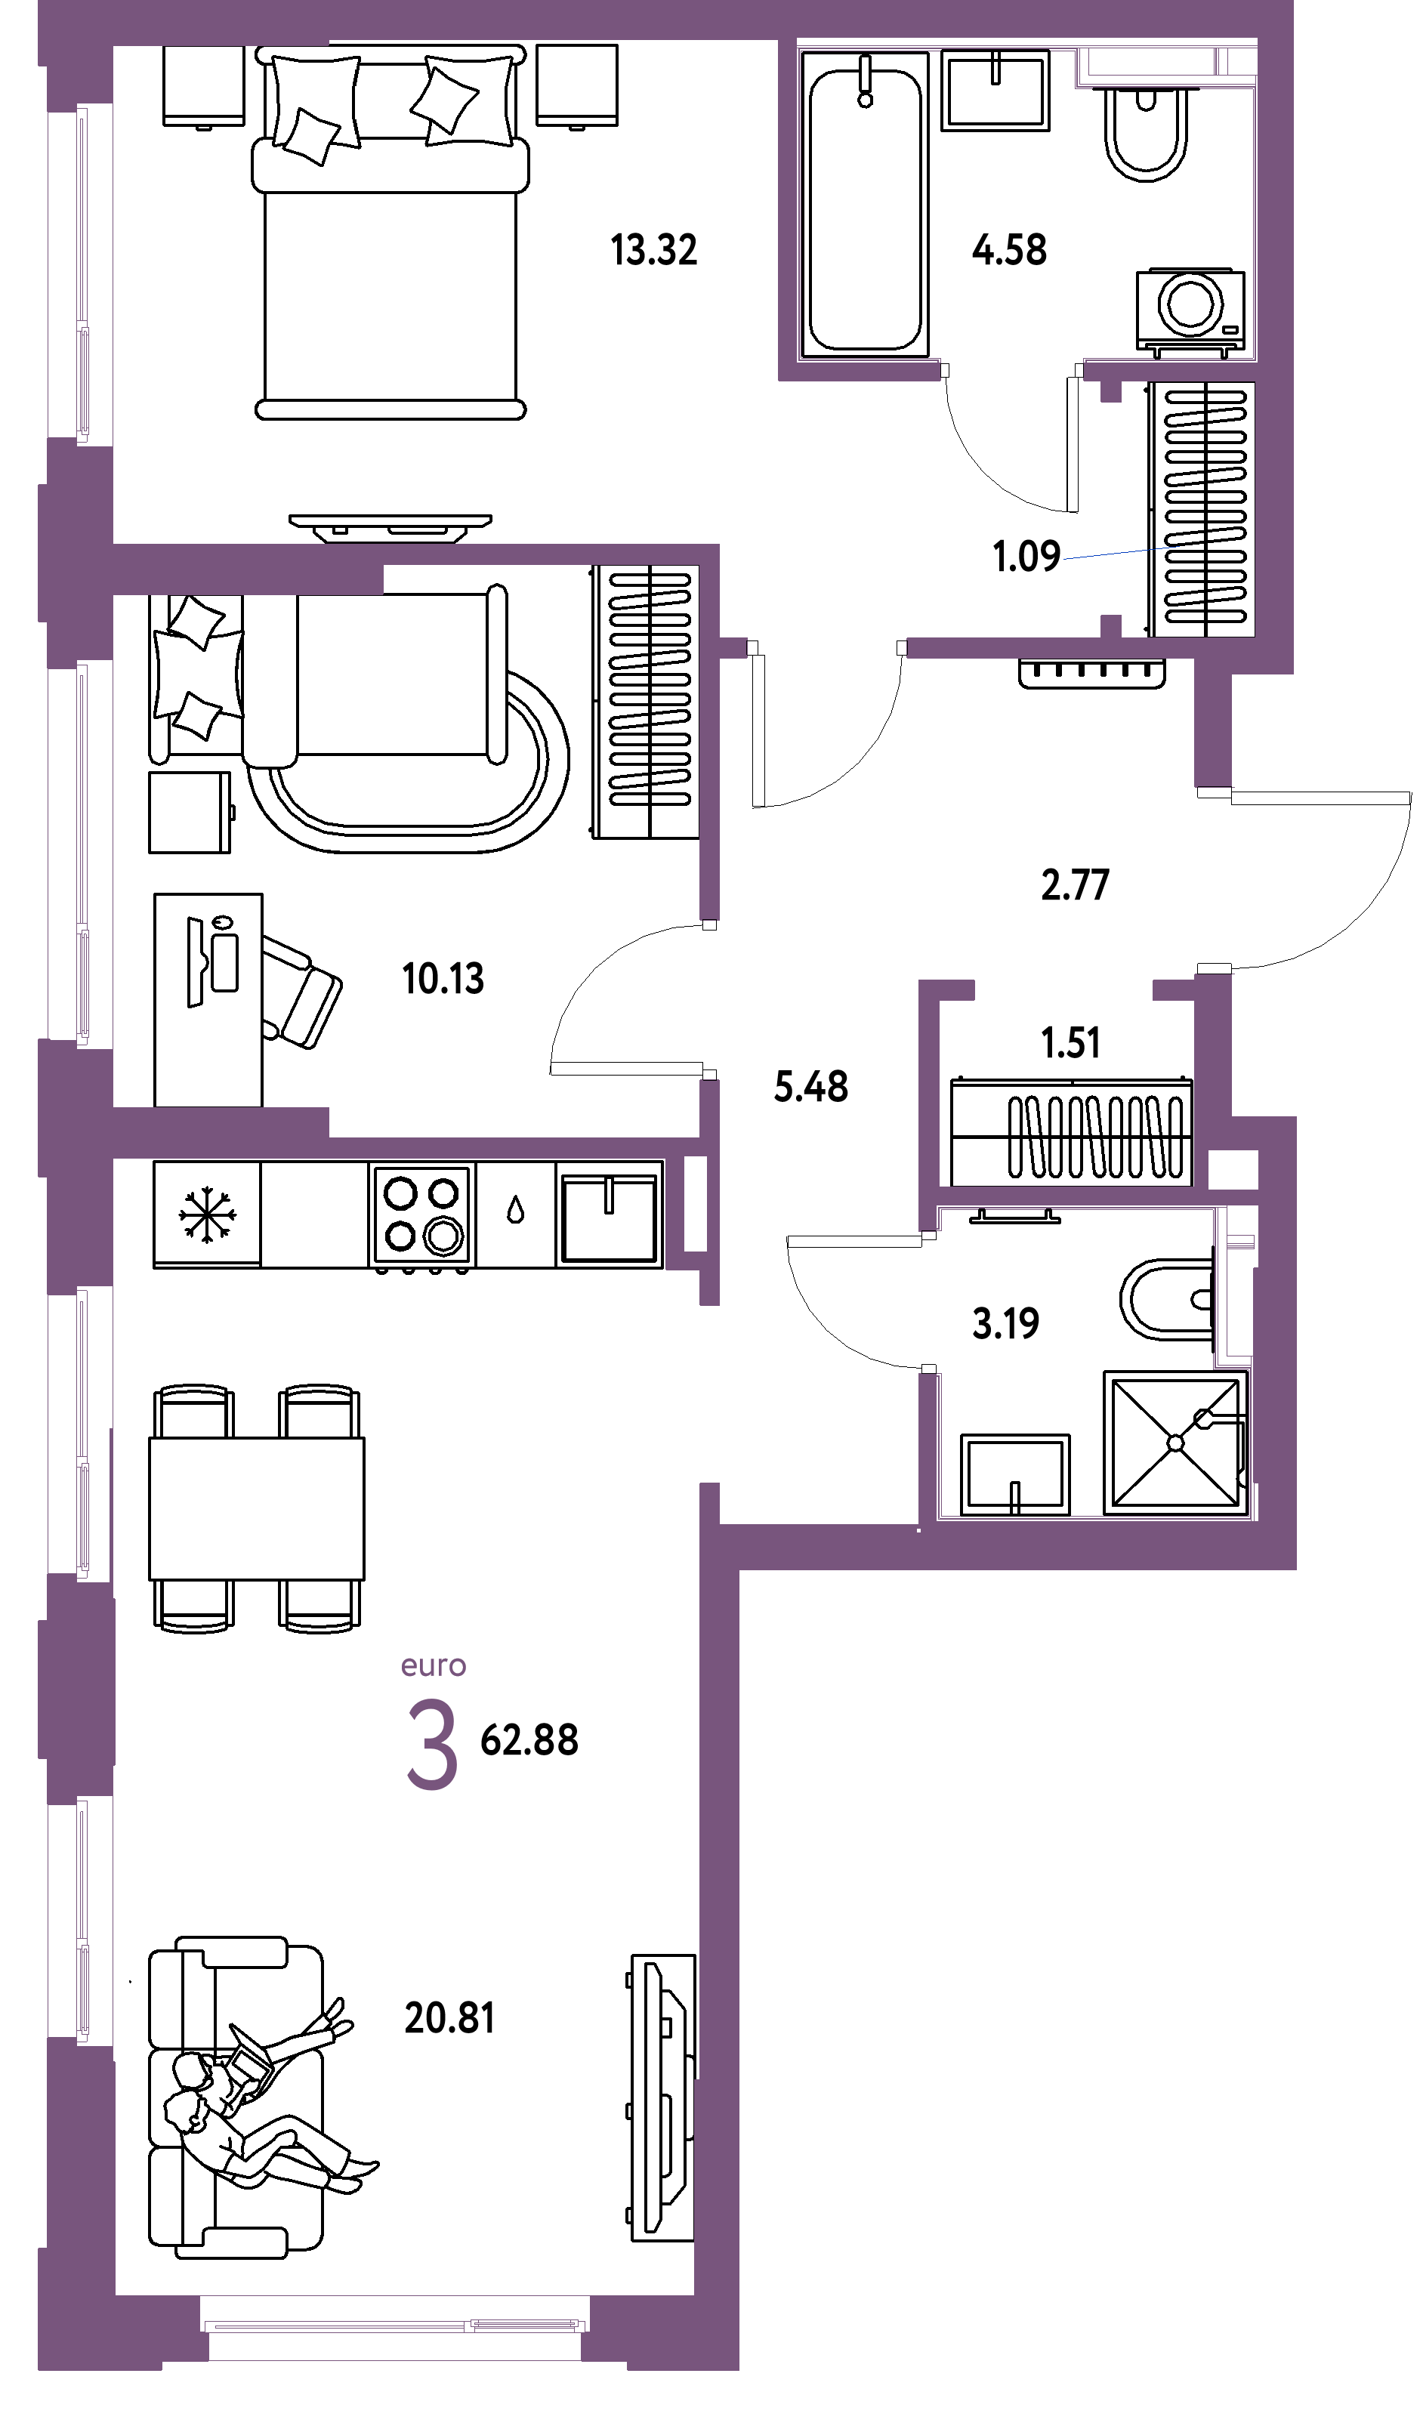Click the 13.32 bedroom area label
click(x=653, y=250)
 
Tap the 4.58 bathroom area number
click(x=1009, y=250)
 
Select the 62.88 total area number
click(x=529, y=1741)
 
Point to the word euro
click(x=434, y=1667)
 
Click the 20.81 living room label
click(x=449, y=2017)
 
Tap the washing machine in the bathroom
click(x=1190, y=310)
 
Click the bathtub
click(x=865, y=205)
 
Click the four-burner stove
click(x=422, y=1217)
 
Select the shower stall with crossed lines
click(x=1175, y=1442)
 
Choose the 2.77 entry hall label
click(x=1075, y=885)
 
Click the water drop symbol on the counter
click(x=516, y=1211)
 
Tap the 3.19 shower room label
click(x=1005, y=1324)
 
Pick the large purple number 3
click(x=432, y=1745)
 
